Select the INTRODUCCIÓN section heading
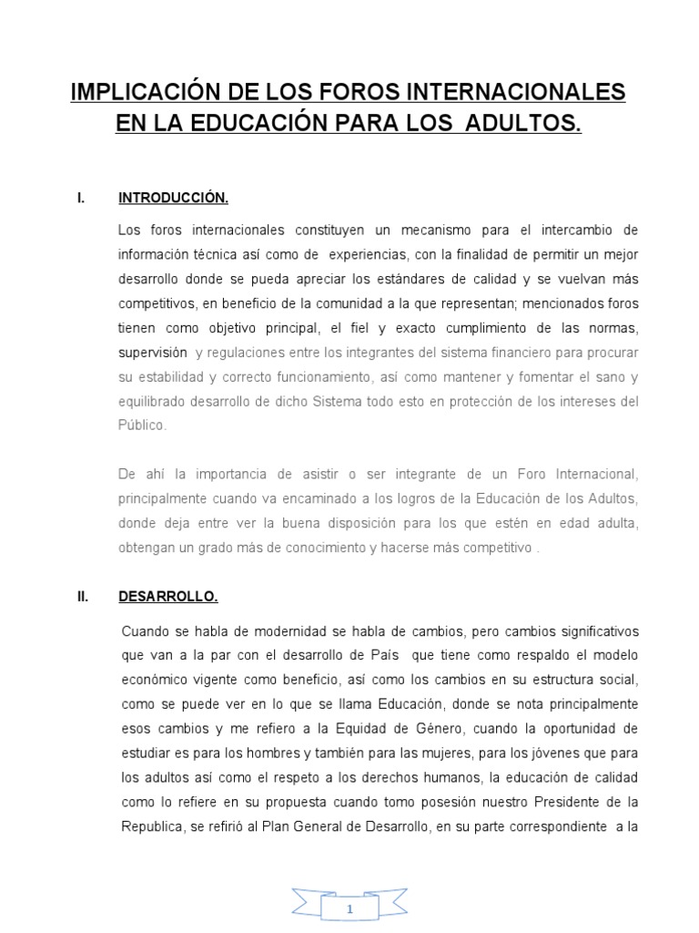pyautogui.click(x=172, y=197)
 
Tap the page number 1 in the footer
pyautogui.click(x=349, y=908)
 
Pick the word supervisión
pyautogui.click(x=152, y=352)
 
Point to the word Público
pyautogui.click(x=143, y=425)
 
